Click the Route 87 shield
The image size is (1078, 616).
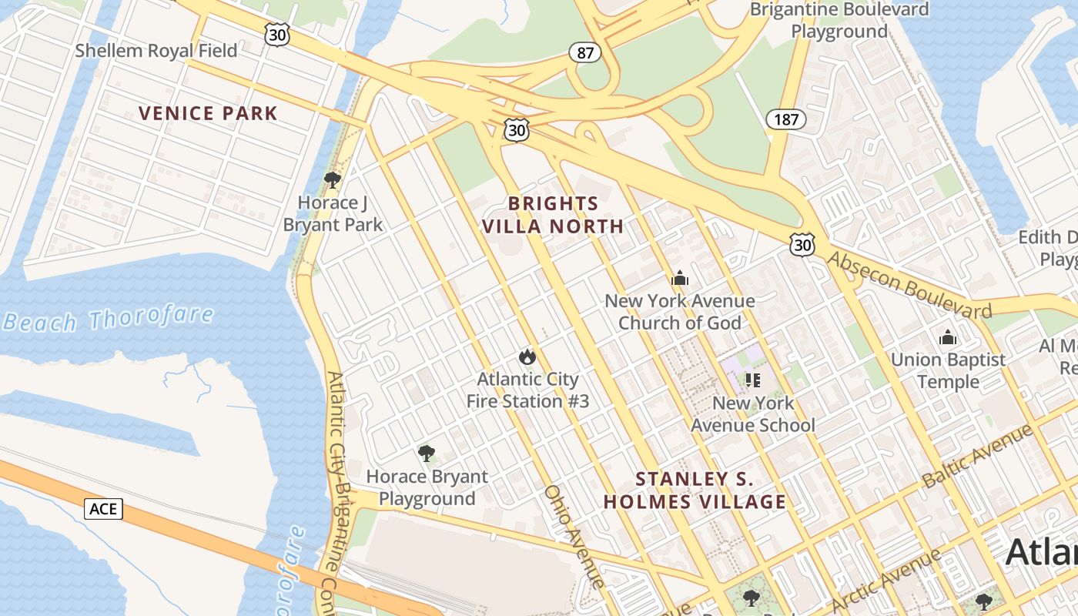tap(585, 52)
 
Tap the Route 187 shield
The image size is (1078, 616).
tap(785, 119)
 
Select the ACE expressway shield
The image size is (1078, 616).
tap(103, 508)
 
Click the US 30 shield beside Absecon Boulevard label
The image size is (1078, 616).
tap(802, 245)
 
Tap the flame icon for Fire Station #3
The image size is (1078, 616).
tap(527, 357)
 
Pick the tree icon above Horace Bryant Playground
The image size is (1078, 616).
tap(427, 454)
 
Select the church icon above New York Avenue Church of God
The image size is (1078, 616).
tap(680, 279)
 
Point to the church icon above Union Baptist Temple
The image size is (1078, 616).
tap(947, 337)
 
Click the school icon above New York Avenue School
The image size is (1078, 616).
tap(753, 380)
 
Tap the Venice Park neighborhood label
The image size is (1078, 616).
tap(208, 113)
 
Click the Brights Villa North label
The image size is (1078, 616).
tap(553, 215)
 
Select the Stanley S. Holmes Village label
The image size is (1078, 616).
tap(695, 490)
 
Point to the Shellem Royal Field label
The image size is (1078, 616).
tap(156, 51)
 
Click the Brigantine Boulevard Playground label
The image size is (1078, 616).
tap(839, 21)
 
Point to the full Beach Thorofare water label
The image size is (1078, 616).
tap(108, 318)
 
